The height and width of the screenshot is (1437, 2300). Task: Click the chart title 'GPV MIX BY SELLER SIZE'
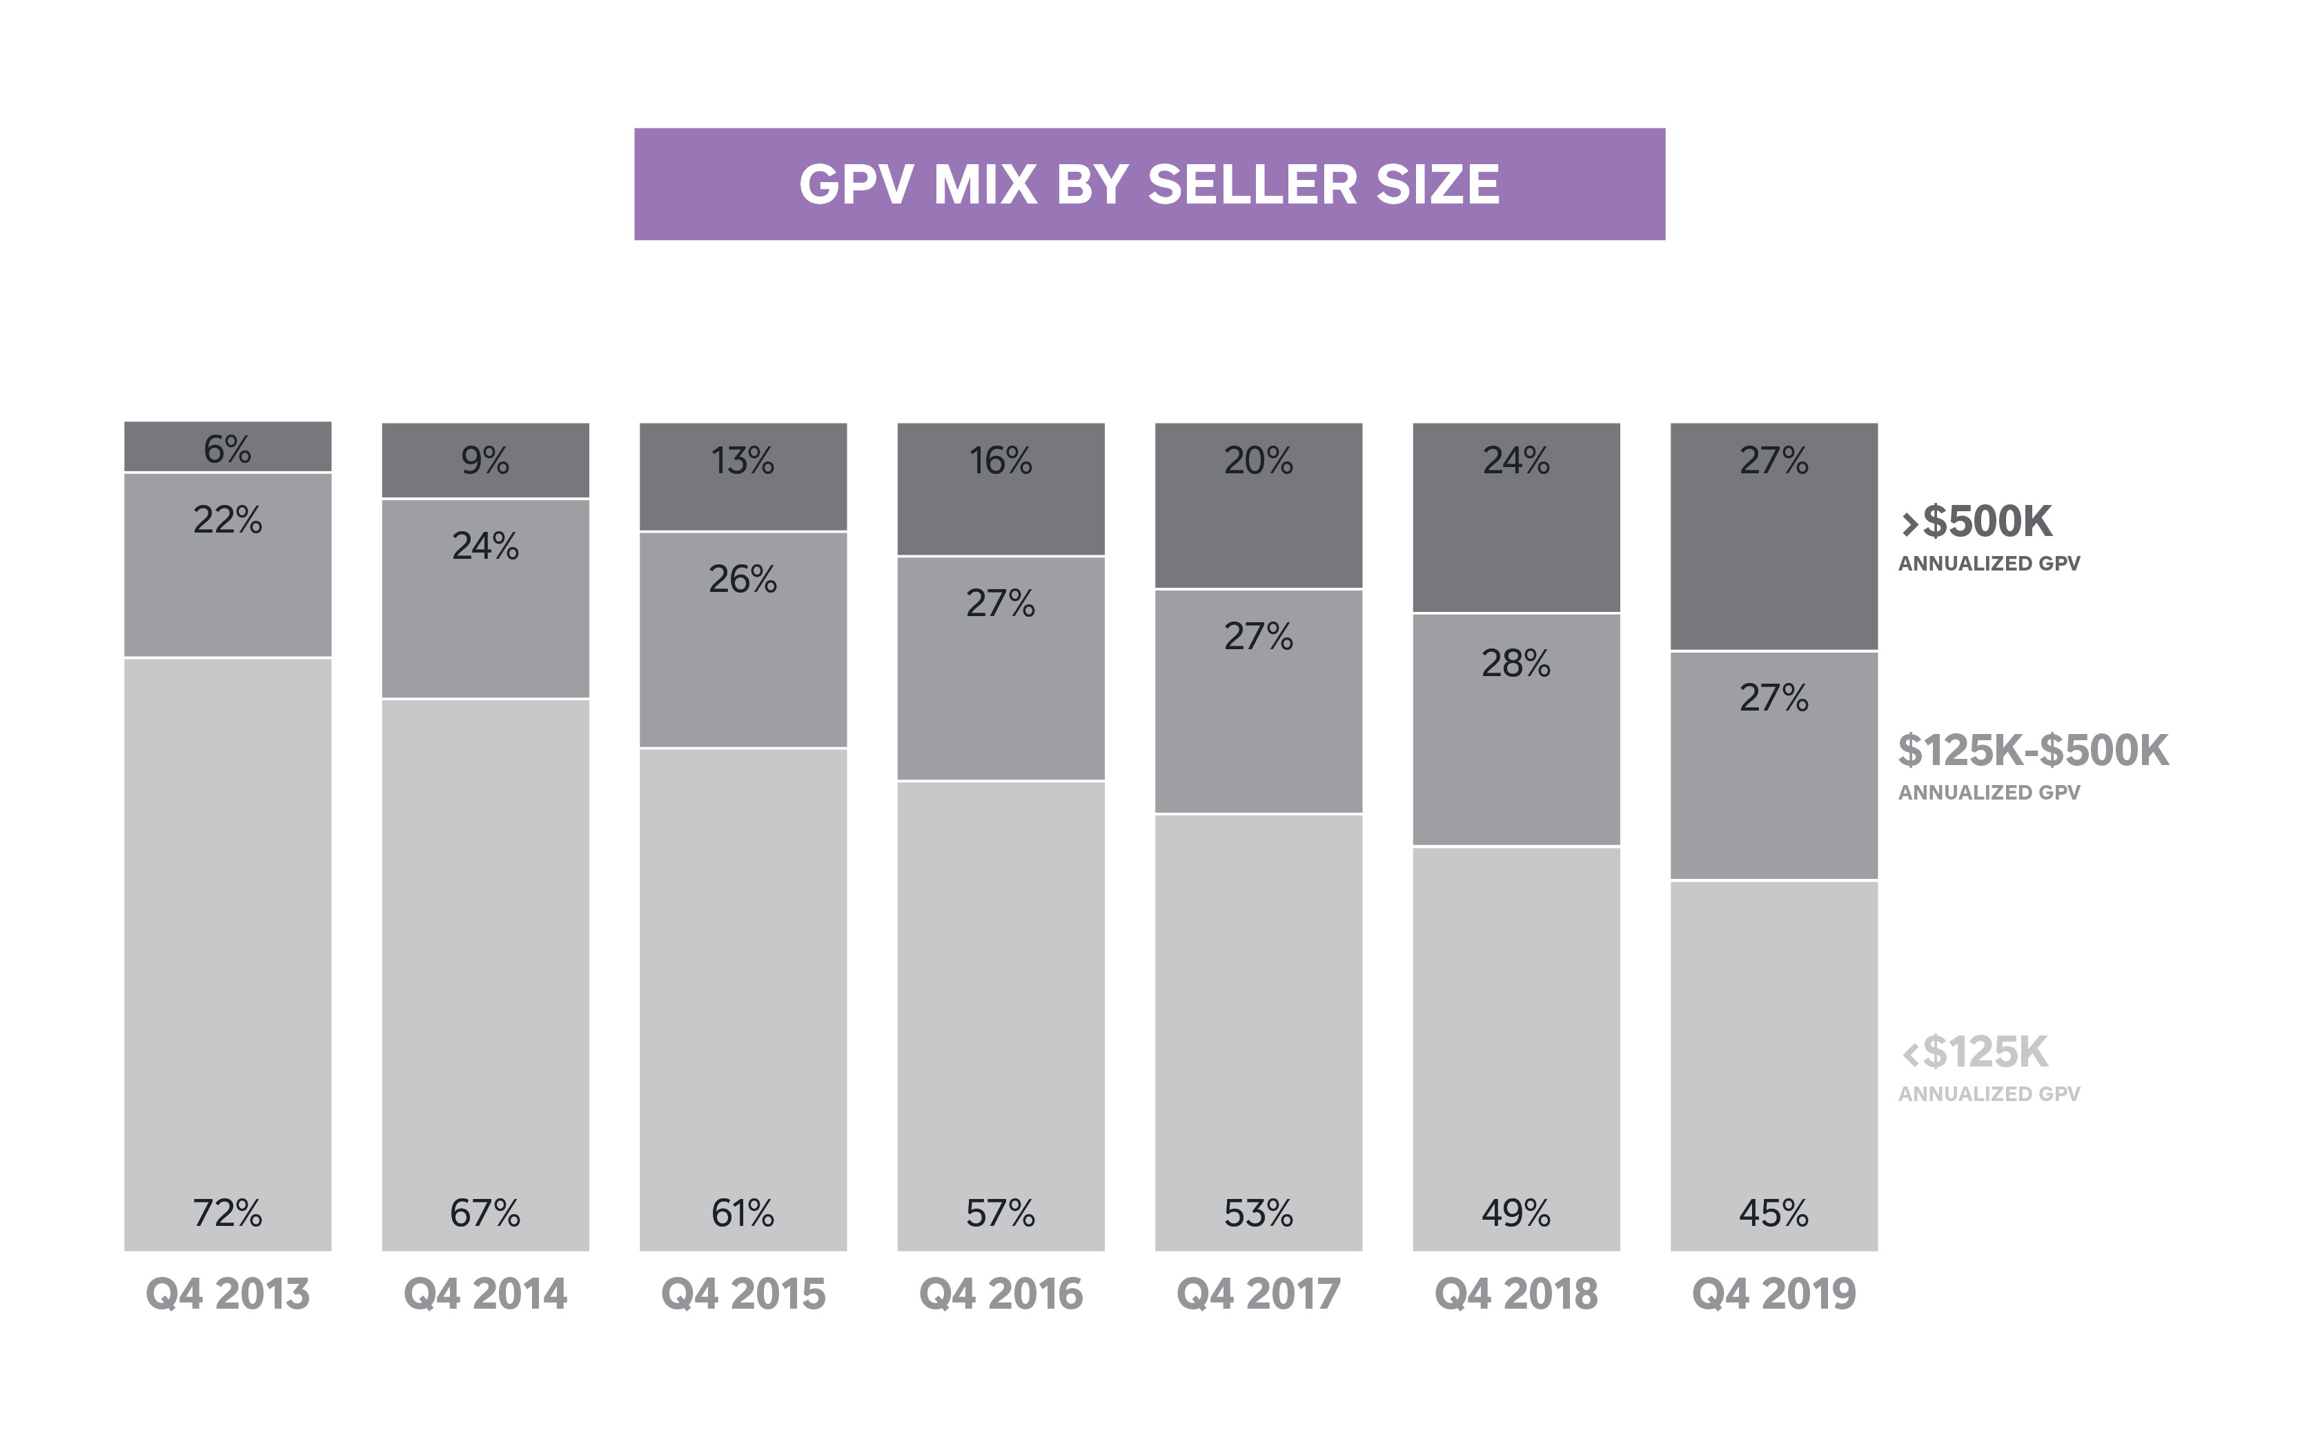tap(1149, 184)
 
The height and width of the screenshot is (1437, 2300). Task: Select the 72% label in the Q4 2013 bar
tap(227, 1213)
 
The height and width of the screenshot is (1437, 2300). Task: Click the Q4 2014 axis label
tap(484, 1294)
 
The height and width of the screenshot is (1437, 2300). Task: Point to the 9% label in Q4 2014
tap(484, 461)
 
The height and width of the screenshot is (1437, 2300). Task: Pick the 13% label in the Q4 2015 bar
tap(743, 461)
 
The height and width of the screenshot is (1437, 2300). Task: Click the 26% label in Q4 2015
tap(743, 579)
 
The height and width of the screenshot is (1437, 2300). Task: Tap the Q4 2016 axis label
tap(1001, 1294)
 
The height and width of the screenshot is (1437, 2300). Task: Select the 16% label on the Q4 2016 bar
tap(1001, 461)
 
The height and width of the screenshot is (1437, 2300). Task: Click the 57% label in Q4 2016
tap(1001, 1213)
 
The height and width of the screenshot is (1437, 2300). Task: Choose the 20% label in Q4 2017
tap(1259, 461)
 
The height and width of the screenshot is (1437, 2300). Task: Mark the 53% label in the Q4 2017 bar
tap(1259, 1213)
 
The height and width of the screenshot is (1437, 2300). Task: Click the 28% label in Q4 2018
tap(1516, 664)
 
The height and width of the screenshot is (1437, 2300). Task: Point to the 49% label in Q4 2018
tap(1516, 1213)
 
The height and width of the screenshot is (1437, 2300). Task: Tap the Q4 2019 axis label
tap(1773, 1294)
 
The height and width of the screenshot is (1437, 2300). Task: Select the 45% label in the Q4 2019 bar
tap(1773, 1213)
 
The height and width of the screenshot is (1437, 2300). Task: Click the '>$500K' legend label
tap(1977, 522)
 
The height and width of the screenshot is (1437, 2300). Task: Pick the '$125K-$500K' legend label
tap(2033, 751)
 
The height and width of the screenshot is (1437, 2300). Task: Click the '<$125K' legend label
tap(1975, 1052)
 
